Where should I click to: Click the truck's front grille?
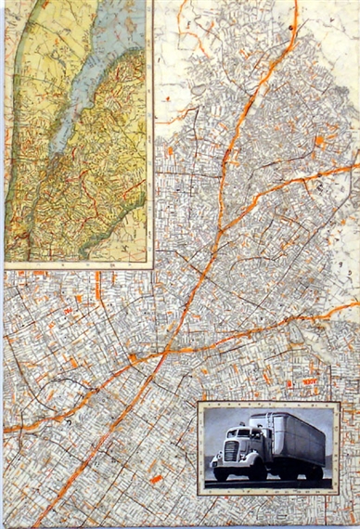coord(230,452)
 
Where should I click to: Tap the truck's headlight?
coord(220,451)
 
